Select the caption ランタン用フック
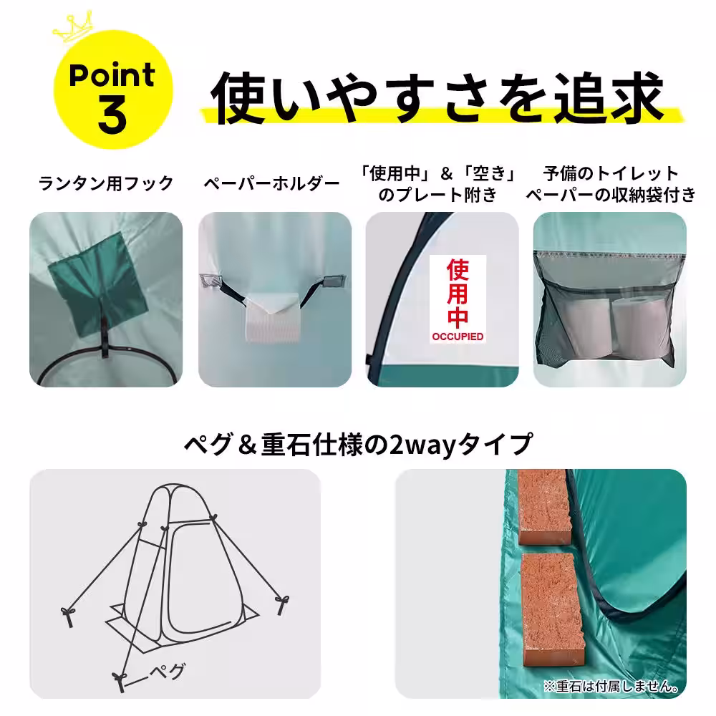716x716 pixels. (x=106, y=184)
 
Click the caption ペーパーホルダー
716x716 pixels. (x=271, y=184)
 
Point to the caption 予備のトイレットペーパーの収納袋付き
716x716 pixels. (x=610, y=184)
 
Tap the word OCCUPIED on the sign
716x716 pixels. (x=457, y=336)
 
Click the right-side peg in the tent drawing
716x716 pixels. (x=281, y=602)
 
